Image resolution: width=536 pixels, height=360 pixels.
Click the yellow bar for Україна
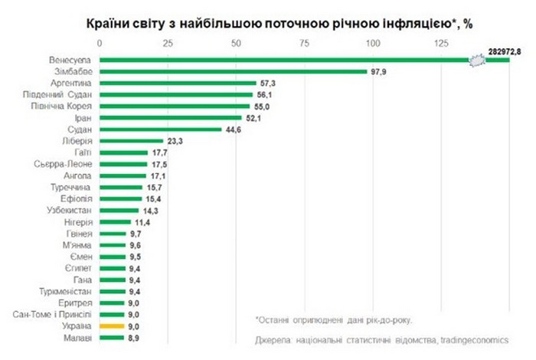coord(111,326)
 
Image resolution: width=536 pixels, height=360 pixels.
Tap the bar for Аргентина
coord(177,83)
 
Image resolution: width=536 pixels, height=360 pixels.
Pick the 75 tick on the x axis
coord(304,42)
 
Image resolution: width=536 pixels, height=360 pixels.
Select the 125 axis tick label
coord(440,42)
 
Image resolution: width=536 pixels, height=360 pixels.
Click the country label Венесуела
coord(70,59)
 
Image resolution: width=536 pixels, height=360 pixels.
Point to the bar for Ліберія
coord(130,141)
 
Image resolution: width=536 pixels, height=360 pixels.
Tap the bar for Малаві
coord(111,337)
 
